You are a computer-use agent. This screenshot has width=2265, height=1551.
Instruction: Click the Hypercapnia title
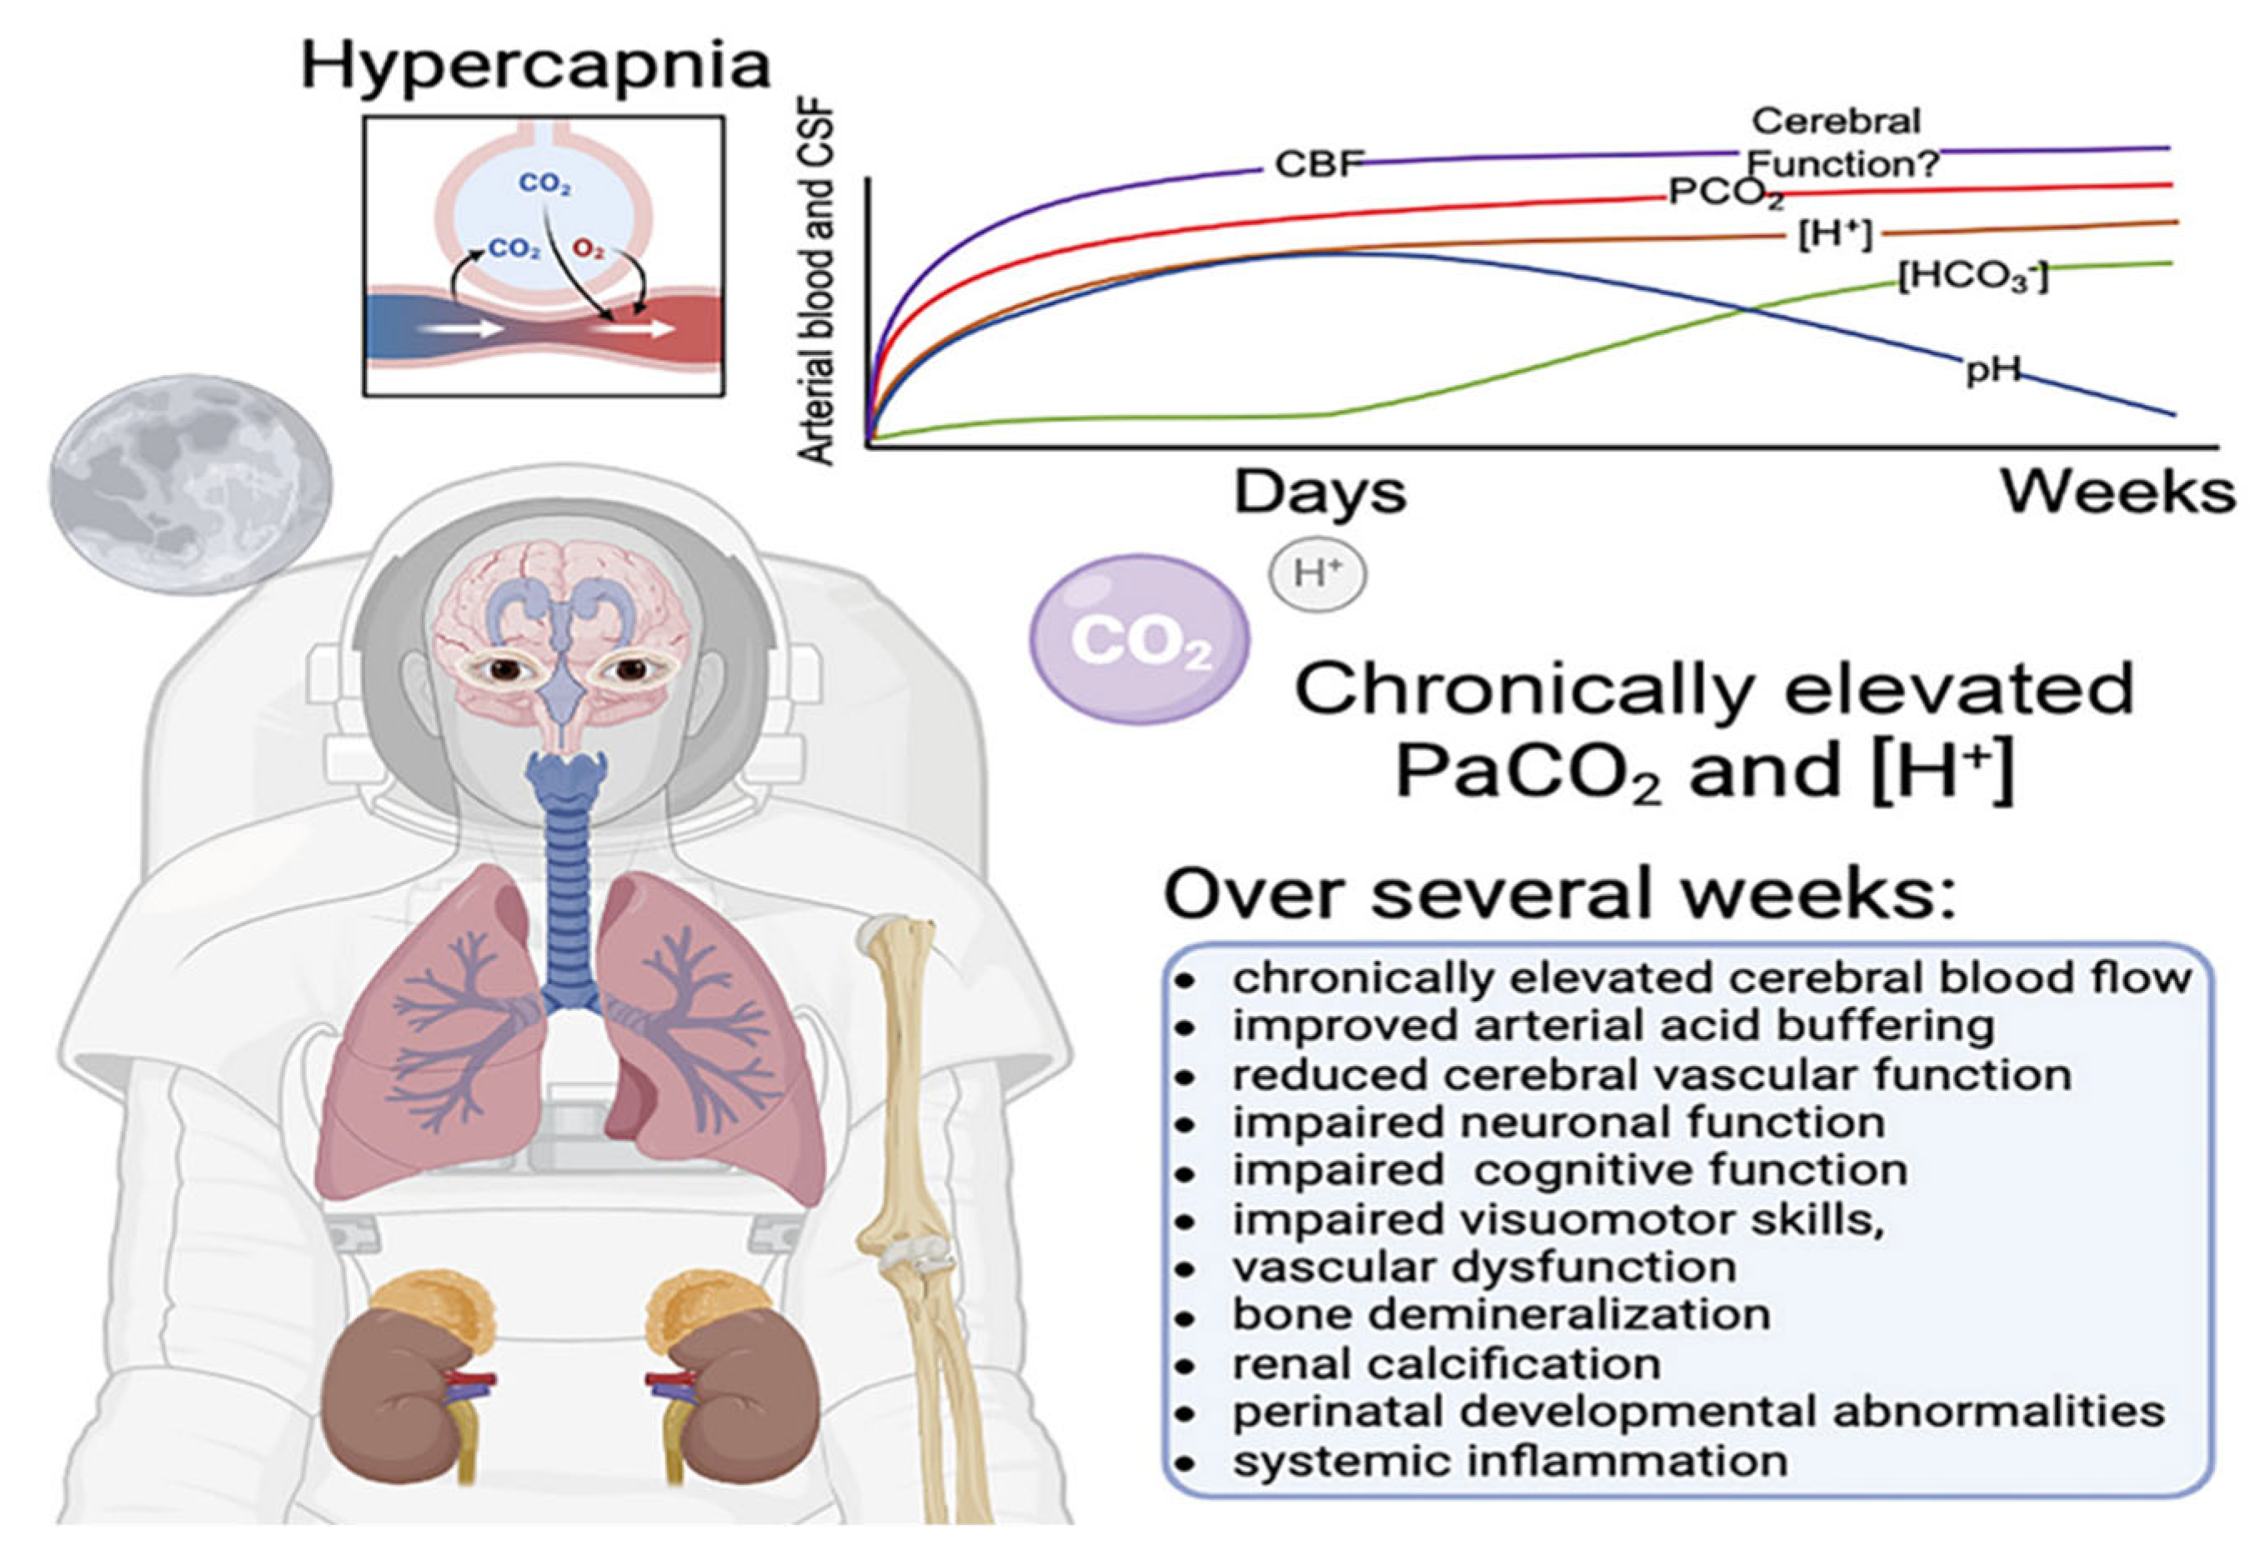tap(535, 66)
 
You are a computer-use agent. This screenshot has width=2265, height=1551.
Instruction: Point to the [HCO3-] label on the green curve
tap(1973, 277)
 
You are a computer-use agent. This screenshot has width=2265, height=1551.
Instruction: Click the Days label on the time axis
tap(1320, 493)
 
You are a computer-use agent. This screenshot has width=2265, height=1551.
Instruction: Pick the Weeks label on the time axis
tap(2117, 493)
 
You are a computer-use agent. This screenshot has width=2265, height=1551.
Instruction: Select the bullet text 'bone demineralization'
tap(1501, 1315)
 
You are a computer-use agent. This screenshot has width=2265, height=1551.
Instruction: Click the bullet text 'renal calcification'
tap(1446, 1364)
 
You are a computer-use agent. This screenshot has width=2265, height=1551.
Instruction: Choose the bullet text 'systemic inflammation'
tap(1510, 1461)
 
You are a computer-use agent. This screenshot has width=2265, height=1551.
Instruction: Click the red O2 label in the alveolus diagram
tap(588, 249)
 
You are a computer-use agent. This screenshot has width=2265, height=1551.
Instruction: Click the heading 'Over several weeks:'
tap(1560, 894)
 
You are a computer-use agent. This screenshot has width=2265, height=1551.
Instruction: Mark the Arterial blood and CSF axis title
tap(817, 283)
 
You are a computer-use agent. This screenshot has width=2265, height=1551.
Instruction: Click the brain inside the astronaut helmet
tap(560, 623)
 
